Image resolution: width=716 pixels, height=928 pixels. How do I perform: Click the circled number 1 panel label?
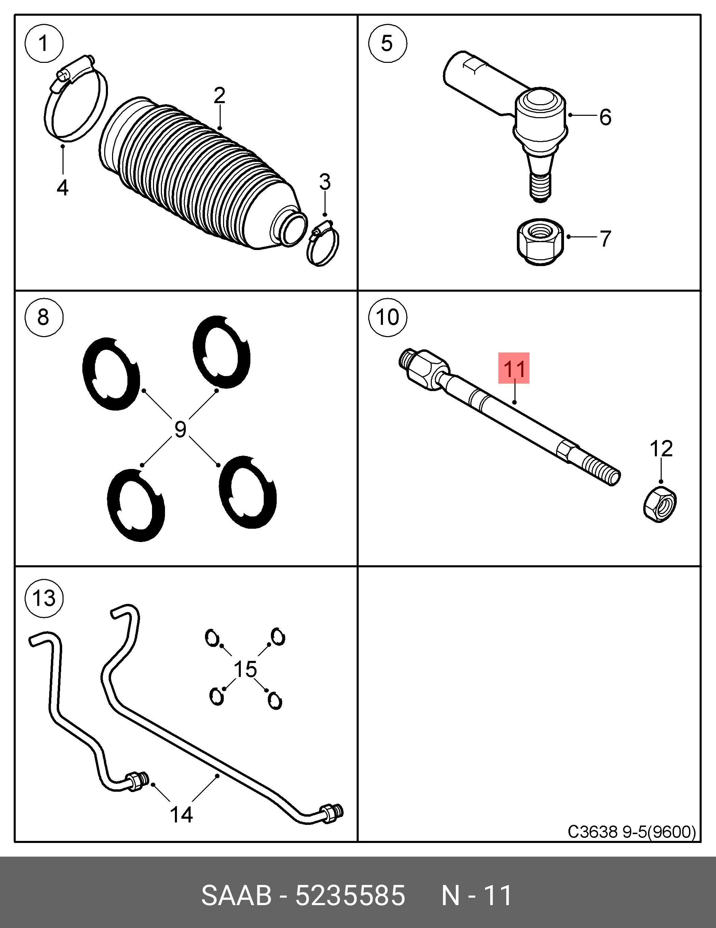pos(44,43)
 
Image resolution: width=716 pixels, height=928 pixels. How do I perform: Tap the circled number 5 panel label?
pos(387,43)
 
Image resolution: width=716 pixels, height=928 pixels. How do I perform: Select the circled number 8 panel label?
pos(44,317)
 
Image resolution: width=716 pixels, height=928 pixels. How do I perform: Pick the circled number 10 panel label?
pos(387,317)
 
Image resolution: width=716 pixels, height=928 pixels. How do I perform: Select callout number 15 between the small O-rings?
pos(246,669)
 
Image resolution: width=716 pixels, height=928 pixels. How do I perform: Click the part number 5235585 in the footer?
pos(350,896)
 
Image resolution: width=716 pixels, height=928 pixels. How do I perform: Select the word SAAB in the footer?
pos(236,896)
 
